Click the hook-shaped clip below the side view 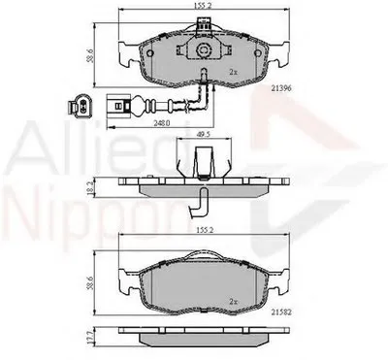tap(199, 200)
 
